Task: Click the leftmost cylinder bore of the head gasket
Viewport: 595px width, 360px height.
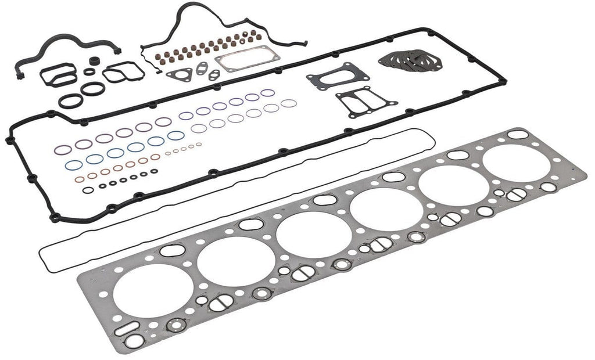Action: pyautogui.click(x=153, y=291)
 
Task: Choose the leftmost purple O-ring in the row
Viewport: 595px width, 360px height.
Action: pyautogui.click(x=63, y=150)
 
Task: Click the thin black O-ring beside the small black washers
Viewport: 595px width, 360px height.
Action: pyautogui.click(x=88, y=190)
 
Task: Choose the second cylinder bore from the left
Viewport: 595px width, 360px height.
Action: pyautogui.click(x=236, y=261)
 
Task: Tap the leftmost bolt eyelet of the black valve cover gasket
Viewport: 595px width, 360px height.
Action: pyautogui.click(x=9, y=140)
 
